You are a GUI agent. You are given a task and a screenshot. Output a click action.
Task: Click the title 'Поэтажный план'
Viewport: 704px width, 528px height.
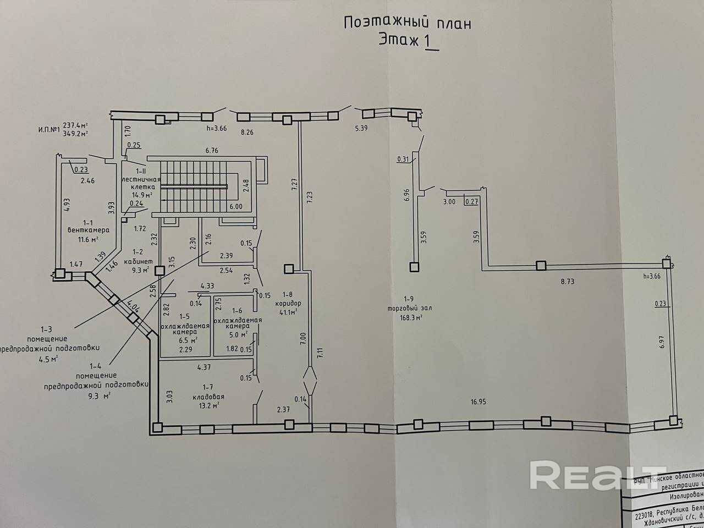(x=408, y=23)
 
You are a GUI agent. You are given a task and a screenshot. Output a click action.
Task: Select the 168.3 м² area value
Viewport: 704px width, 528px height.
(x=411, y=317)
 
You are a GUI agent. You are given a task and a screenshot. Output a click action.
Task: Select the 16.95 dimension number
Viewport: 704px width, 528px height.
(x=478, y=402)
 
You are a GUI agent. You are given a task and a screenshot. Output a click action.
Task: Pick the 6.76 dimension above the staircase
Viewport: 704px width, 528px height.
(x=212, y=151)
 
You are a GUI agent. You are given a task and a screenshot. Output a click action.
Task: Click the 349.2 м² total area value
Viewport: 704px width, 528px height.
(x=76, y=133)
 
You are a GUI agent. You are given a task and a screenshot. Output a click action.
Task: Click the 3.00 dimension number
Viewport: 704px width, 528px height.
(x=449, y=202)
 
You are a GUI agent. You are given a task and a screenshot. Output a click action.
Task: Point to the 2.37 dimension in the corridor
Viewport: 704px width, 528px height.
(x=284, y=409)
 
